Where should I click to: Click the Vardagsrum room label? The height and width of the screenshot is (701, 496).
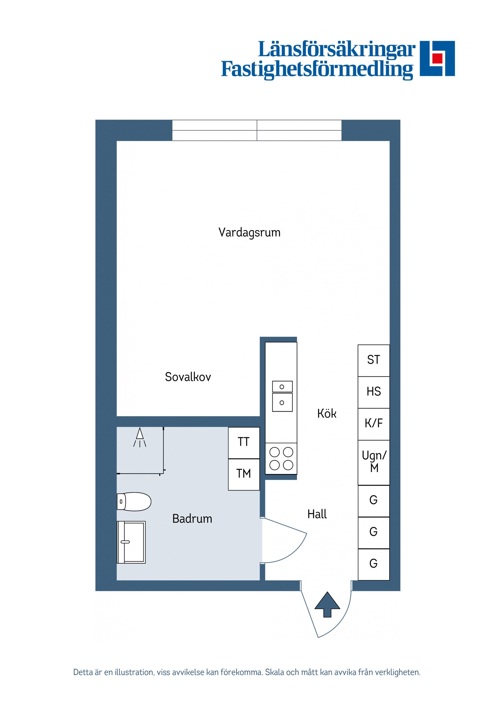[x=249, y=233]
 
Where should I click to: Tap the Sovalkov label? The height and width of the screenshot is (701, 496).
[x=188, y=377]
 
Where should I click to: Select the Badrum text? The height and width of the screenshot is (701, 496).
[x=192, y=519]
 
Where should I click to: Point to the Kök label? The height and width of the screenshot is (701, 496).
[x=327, y=414]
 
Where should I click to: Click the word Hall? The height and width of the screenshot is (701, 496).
[x=317, y=514]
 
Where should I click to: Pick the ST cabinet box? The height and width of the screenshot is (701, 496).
[x=374, y=360]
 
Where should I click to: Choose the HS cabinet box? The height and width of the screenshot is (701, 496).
[x=374, y=392]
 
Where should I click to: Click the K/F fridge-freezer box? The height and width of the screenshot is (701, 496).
[x=374, y=424]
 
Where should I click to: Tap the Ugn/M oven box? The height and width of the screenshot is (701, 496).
[x=374, y=462]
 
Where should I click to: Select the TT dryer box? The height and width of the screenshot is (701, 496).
[x=244, y=442]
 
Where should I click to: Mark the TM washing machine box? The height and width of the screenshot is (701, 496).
[x=244, y=474]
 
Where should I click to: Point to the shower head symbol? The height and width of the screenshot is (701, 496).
[x=140, y=437]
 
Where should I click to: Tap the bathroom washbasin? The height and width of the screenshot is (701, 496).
[x=131, y=542]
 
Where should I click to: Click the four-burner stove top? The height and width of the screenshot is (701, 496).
[x=281, y=459]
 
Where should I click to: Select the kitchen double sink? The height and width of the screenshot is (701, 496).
[x=282, y=396]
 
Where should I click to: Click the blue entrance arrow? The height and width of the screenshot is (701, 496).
[x=327, y=604]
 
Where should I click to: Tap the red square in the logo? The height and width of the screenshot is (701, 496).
[x=437, y=58]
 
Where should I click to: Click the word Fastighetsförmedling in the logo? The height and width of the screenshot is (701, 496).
[x=317, y=70]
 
